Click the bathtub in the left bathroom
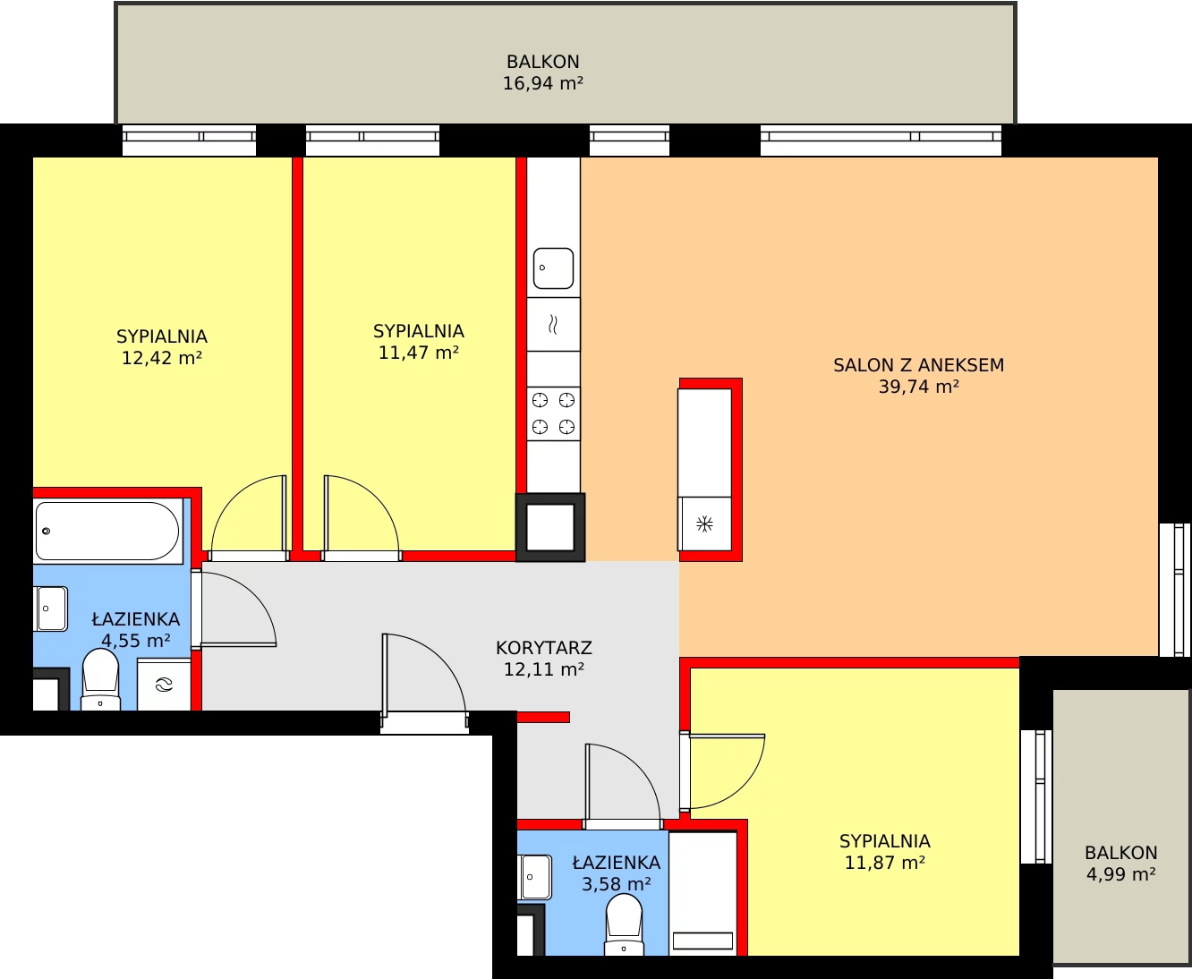(107, 531)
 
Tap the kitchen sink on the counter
(553, 268)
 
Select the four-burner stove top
(553, 413)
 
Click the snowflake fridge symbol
(704, 524)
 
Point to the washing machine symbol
(164, 685)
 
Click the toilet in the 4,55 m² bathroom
(100, 679)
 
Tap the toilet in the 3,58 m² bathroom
(624, 926)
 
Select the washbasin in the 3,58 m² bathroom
(534, 877)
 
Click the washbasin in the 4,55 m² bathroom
(51, 609)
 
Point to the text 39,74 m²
(918, 387)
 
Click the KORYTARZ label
(544, 648)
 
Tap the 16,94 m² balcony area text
(542, 83)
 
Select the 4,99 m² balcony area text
(1120, 874)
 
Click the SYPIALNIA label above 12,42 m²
(162, 336)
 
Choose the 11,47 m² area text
(418, 353)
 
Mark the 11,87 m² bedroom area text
(884, 864)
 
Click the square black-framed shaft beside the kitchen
(550, 527)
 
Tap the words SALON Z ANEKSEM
(918, 365)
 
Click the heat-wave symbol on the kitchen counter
(553, 325)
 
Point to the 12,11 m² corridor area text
(544, 669)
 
